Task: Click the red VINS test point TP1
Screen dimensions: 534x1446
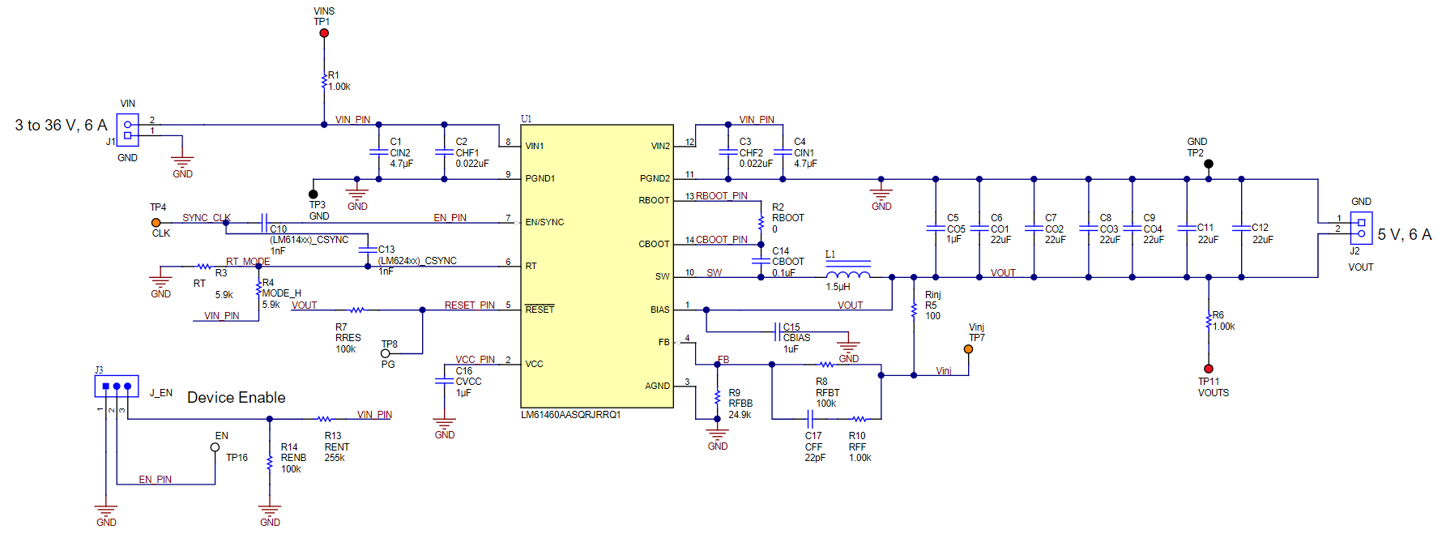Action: [x=324, y=33]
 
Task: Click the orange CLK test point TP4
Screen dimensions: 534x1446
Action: [x=156, y=222]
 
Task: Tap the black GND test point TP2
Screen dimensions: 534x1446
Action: [x=1209, y=164]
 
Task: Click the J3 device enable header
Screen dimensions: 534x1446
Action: [x=117, y=387]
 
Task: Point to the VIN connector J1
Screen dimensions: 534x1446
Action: [x=127, y=130]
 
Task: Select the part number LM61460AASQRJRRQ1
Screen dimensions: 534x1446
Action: [x=570, y=415]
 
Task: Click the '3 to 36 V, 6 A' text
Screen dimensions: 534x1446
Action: [x=61, y=126]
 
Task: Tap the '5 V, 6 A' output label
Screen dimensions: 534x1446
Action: [x=1404, y=235]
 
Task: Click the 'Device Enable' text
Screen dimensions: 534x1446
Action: [x=236, y=398]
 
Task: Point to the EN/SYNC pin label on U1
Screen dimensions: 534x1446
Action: [x=544, y=222]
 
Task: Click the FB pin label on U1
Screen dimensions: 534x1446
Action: [x=663, y=343]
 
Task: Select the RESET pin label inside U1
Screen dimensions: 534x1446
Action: [x=540, y=310]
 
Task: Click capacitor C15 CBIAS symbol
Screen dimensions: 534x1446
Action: [x=778, y=331]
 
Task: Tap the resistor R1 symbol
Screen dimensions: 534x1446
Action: [x=324, y=81]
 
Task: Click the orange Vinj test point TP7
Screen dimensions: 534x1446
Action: [x=968, y=349]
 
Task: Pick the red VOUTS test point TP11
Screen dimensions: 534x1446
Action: [x=1209, y=369]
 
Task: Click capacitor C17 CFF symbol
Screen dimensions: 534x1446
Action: [x=809, y=419]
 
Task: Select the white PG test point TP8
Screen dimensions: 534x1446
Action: [x=386, y=353]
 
